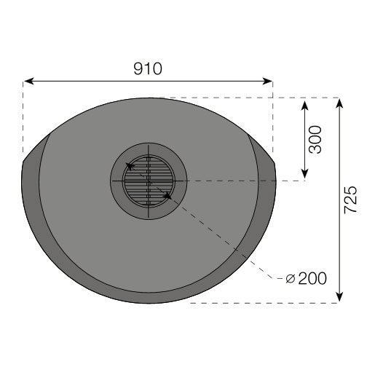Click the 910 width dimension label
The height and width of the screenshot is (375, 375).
[x=148, y=68]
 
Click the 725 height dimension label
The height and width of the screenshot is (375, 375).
[x=351, y=200]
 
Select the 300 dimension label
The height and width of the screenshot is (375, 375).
[x=315, y=139]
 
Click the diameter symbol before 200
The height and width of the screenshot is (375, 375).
[x=291, y=279]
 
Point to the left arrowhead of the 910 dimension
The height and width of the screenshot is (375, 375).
[x=28, y=81]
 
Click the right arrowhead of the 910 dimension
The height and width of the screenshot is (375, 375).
[x=267, y=81]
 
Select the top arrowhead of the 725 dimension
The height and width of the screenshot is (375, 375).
[x=340, y=103]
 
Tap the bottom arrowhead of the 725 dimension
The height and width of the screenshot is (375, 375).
[x=340, y=297]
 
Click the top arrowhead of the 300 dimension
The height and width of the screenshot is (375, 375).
[x=304, y=105]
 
